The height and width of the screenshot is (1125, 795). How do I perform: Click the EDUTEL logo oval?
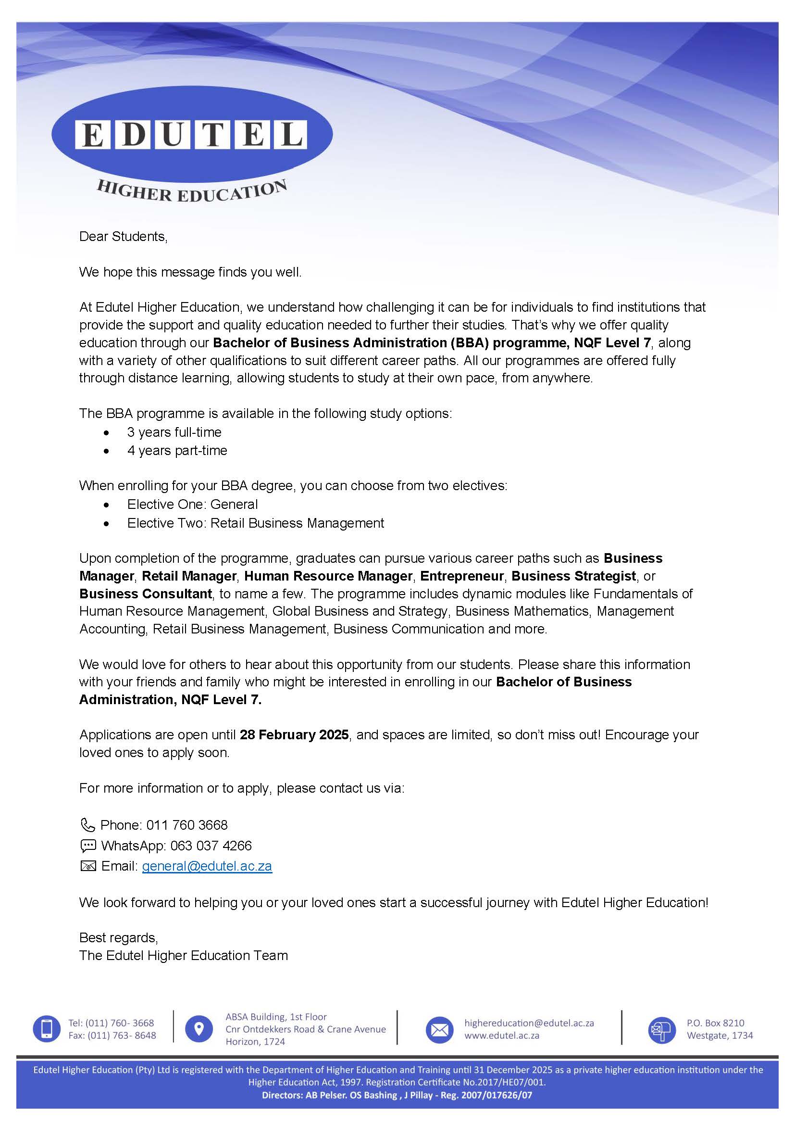pyautogui.click(x=191, y=134)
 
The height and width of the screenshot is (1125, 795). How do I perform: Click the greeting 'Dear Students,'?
pyautogui.click(x=124, y=237)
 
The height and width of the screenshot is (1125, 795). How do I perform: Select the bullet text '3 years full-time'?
pyautogui.click(x=174, y=432)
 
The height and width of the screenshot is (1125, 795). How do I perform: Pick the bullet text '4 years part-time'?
pyautogui.click(x=177, y=451)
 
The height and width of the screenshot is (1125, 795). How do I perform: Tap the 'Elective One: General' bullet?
pyautogui.click(x=192, y=505)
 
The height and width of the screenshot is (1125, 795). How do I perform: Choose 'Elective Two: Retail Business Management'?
pyautogui.click(x=256, y=523)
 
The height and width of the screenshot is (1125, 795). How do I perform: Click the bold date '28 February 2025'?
pyautogui.click(x=294, y=735)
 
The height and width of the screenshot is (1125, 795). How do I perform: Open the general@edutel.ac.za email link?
pyautogui.click(x=207, y=866)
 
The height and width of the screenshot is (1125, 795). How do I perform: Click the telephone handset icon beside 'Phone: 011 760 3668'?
pyautogui.click(x=87, y=825)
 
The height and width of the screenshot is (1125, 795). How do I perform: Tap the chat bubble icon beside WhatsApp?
pyautogui.click(x=87, y=846)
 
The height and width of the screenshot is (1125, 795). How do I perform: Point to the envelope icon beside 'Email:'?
pyautogui.click(x=87, y=866)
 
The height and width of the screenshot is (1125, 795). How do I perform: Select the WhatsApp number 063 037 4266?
pyautogui.click(x=211, y=846)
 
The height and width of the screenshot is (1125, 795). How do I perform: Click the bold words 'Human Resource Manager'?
pyautogui.click(x=328, y=576)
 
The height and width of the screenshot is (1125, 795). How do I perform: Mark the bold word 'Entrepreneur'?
pyautogui.click(x=461, y=576)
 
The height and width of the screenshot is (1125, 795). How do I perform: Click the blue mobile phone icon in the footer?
pyautogui.click(x=47, y=1028)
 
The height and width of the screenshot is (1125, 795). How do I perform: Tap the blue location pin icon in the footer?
pyautogui.click(x=199, y=1028)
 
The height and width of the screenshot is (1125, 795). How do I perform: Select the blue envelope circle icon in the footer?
pyautogui.click(x=439, y=1029)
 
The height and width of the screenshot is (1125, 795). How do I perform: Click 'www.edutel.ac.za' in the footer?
pyautogui.click(x=502, y=1036)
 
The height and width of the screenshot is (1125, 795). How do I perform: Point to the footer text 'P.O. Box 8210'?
pyautogui.click(x=715, y=1023)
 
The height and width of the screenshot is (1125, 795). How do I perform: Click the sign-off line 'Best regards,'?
pyautogui.click(x=118, y=938)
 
